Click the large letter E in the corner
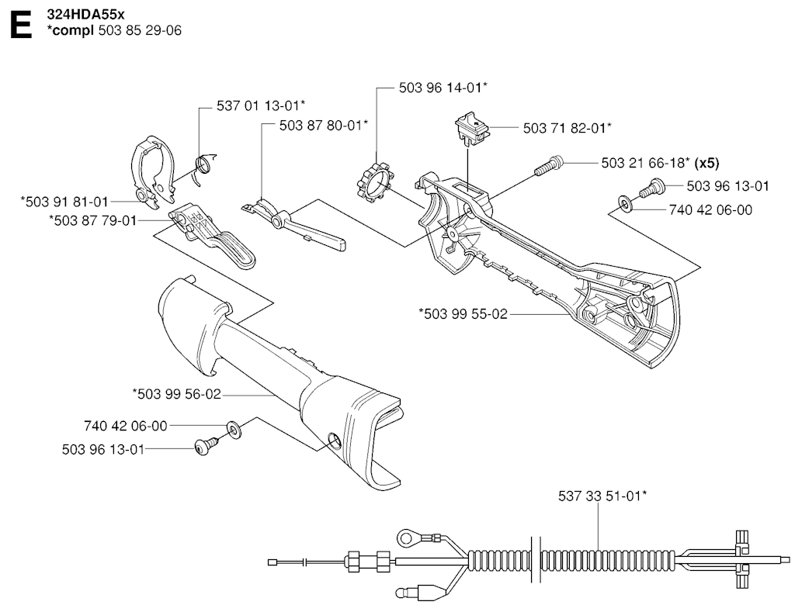(21, 26)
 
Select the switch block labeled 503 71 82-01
(473, 129)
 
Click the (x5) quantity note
(706, 163)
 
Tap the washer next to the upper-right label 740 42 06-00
(625, 204)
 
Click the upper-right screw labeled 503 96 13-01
(651, 187)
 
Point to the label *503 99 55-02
(463, 314)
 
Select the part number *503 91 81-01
(64, 202)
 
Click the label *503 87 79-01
(93, 221)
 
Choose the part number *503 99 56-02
(177, 394)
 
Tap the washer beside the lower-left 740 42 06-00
(234, 430)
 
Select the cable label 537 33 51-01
(602, 496)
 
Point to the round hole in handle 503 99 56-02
(334, 439)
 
